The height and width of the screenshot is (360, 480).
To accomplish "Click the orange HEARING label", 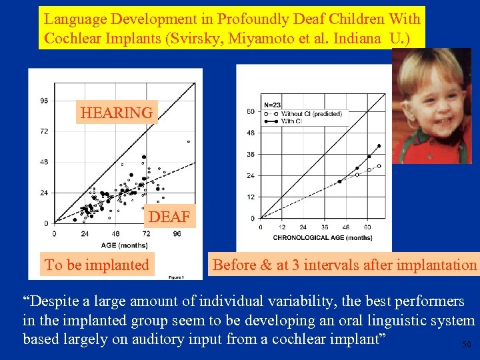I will (x=117, y=113).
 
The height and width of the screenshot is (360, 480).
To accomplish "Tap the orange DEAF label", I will (x=169, y=217).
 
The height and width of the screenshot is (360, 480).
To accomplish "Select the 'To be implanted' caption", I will (x=97, y=265).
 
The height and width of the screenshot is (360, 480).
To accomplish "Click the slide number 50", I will (x=466, y=345).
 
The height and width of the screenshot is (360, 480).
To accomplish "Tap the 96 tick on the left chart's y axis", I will (x=44, y=101).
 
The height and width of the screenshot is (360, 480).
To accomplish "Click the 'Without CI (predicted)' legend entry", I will (x=311, y=114).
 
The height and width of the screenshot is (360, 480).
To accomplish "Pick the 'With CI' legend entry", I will (x=292, y=121).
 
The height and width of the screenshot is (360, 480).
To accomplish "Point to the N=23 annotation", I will (x=273, y=105).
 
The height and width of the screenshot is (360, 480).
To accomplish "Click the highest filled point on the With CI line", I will (x=379, y=146).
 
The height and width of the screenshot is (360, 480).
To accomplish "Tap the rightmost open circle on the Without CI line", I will (x=379, y=166).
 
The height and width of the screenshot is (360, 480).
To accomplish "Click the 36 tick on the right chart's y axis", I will (x=251, y=155).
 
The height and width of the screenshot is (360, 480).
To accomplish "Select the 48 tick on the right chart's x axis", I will (x=346, y=227).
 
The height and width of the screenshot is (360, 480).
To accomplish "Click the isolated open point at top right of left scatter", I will (x=189, y=141).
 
